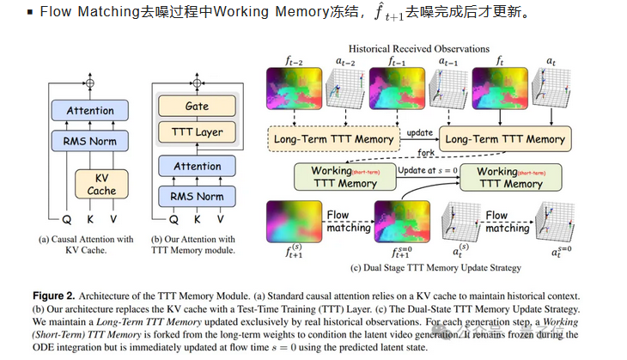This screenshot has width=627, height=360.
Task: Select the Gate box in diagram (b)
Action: click(x=197, y=106)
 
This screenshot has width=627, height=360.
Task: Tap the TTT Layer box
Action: click(x=197, y=132)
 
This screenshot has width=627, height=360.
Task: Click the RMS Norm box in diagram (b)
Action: click(x=197, y=195)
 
